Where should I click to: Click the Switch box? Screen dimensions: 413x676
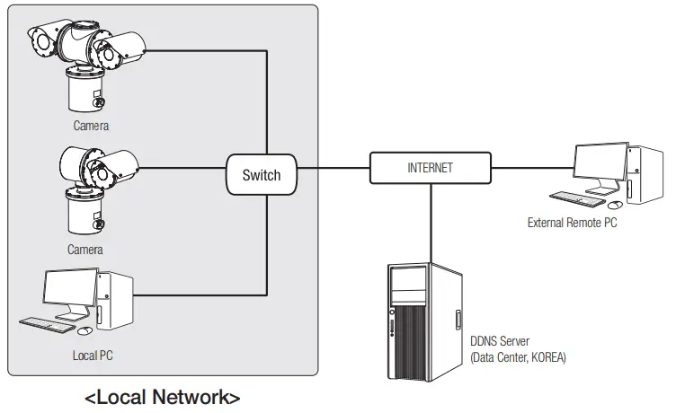pyautogui.click(x=261, y=175)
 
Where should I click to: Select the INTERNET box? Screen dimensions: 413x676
pyautogui.click(x=431, y=168)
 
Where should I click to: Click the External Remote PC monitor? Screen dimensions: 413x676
pyautogui.click(x=600, y=166)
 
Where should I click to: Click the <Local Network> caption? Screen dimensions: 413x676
pyautogui.click(x=163, y=397)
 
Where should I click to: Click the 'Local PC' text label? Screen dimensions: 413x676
pyautogui.click(x=93, y=356)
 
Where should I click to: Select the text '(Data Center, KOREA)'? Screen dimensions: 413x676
pyautogui.click(x=518, y=357)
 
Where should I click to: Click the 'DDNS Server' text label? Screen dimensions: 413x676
pyautogui.click(x=500, y=342)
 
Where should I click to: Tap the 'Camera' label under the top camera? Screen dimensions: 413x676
pyautogui.click(x=91, y=126)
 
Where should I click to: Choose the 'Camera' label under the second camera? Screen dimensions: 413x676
pyautogui.click(x=85, y=250)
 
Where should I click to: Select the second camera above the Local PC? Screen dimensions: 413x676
pyautogui.click(x=90, y=184)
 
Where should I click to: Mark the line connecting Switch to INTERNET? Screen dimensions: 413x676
pyautogui.click(x=334, y=168)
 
